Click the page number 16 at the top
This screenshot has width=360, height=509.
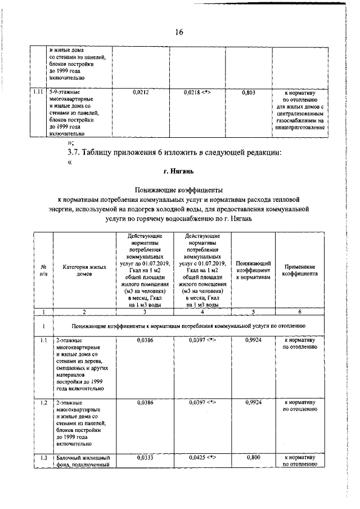179,32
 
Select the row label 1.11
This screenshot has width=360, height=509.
38,91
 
